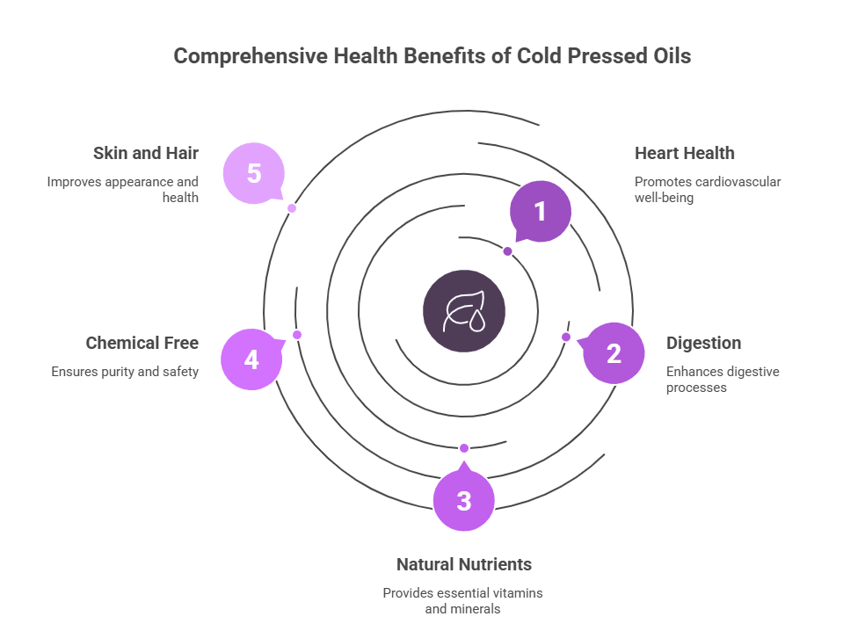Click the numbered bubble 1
coord(541,212)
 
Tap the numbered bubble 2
coord(614,353)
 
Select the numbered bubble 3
coord(464,501)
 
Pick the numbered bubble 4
coord(251,359)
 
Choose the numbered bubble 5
coord(253,173)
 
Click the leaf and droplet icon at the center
coord(464,311)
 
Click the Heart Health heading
coord(684,153)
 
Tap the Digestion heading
coord(703,343)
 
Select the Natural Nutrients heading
coord(463,564)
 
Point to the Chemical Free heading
coord(142,343)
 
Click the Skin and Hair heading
coord(145,153)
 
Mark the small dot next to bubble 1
coord(507,251)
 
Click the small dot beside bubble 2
coord(566,337)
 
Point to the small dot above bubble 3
coord(464,448)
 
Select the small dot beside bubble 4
coord(297,335)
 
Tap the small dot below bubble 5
coord(292,208)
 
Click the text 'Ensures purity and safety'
coord(125,372)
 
